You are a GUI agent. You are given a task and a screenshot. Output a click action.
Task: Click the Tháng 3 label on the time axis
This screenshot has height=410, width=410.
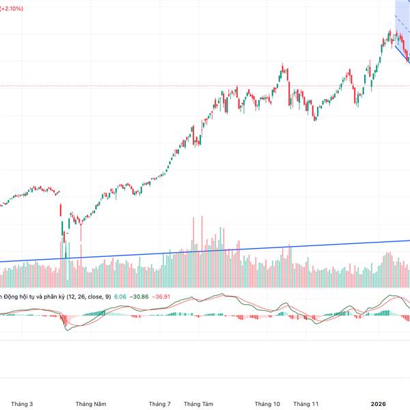[x=23, y=404]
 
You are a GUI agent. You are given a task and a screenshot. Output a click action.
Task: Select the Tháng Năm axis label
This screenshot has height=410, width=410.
[x=91, y=404]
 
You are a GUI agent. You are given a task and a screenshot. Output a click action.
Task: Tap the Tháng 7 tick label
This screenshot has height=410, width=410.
[x=159, y=404]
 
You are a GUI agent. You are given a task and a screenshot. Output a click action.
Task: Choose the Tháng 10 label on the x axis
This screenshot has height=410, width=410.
[x=267, y=404]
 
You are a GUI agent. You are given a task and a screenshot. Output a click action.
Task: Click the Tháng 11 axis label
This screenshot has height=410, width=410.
[x=305, y=404]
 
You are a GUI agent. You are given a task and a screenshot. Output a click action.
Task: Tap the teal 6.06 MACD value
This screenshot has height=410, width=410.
[x=120, y=297]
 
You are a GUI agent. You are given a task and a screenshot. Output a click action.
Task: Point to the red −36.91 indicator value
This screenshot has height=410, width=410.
[x=162, y=297]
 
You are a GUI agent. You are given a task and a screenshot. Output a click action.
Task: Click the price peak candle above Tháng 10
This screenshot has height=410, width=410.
[x=282, y=68]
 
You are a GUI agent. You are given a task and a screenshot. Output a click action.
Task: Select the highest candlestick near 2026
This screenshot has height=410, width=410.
[x=390, y=32]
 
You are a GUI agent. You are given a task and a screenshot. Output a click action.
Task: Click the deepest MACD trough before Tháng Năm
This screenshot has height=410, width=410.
[x=68, y=329]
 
